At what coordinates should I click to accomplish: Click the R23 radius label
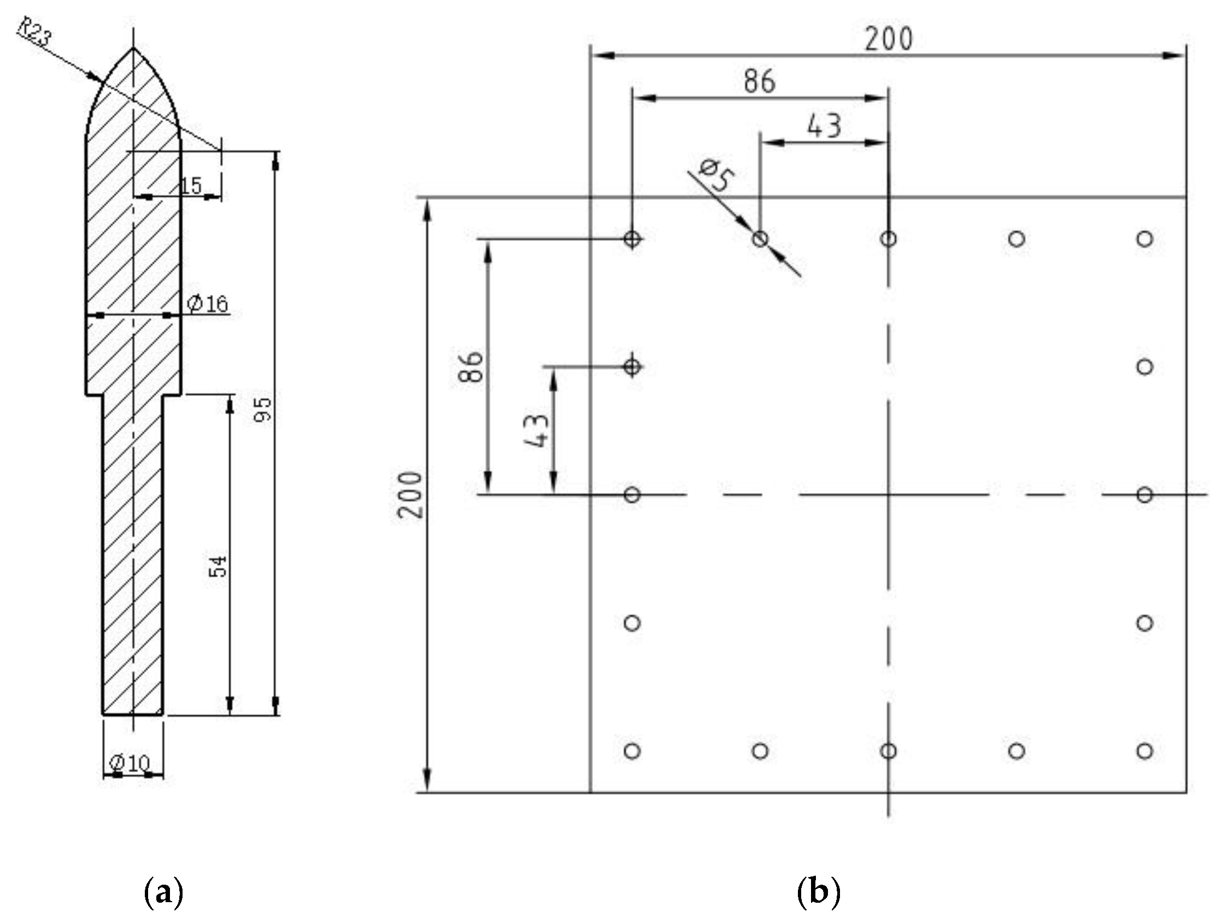[x=35, y=32]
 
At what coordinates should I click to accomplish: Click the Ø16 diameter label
[x=207, y=304]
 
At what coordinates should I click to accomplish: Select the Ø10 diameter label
[x=131, y=763]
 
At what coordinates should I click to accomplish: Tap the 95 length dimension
[x=263, y=410]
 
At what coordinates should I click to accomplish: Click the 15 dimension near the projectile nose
[x=191, y=186]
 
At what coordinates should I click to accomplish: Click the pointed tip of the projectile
[x=133, y=49]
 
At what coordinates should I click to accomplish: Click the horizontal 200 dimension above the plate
[x=888, y=39]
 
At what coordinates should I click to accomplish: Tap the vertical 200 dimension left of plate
[x=411, y=495]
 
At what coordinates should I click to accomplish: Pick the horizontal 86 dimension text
[x=759, y=82]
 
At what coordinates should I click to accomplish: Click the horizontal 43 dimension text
[x=824, y=126]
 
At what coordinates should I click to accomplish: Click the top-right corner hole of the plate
[x=1144, y=239]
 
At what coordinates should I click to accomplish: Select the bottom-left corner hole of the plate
[x=632, y=751]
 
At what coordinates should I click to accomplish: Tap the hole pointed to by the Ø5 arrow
[x=760, y=239]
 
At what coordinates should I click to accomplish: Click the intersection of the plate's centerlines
[x=888, y=495]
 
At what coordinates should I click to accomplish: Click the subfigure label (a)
[x=163, y=892]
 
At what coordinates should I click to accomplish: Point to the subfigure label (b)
[x=819, y=892]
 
